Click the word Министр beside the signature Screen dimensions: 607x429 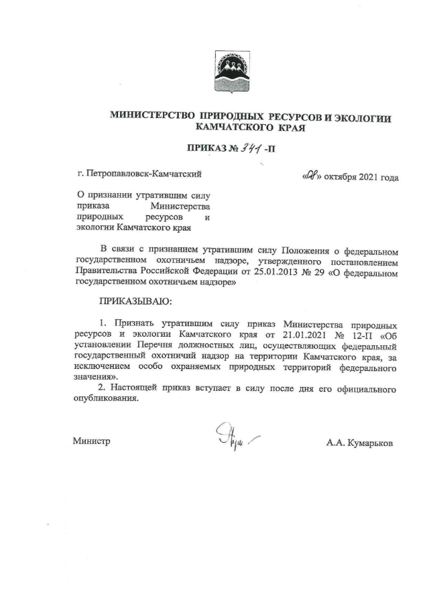(91, 442)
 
